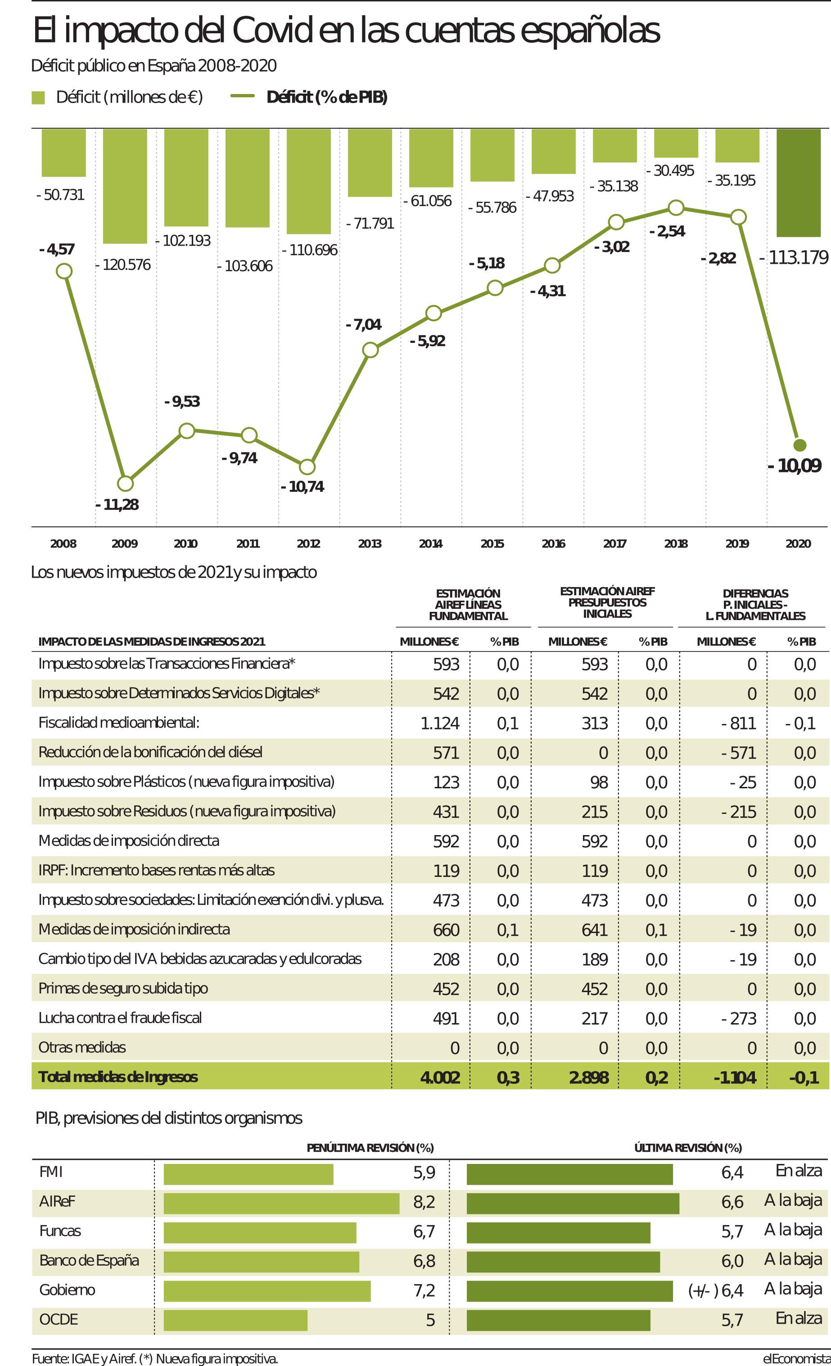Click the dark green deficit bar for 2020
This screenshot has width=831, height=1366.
click(x=798, y=183)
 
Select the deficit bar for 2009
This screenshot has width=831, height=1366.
click(x=125, y=186)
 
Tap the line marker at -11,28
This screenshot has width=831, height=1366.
click(x=126, y=483)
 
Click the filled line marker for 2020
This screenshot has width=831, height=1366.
click(x=799, y=445)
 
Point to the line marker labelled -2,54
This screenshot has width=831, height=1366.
click(x=676, y=208)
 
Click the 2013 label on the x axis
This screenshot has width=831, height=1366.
click(x=370, y=544)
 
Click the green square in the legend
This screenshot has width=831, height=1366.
click(x=38, y=98)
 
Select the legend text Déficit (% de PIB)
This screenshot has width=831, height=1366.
click(x=327, y=98)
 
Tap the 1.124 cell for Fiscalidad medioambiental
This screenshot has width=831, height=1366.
click(x=440, y=723)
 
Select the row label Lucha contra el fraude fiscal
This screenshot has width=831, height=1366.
click(x=120, y=1018)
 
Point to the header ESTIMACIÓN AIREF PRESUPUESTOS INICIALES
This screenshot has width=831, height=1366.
click(x=607, y=602)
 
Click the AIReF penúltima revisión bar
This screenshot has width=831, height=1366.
click(x=281, y=1202)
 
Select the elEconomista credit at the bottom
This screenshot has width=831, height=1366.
click(x=797, y=1359)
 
